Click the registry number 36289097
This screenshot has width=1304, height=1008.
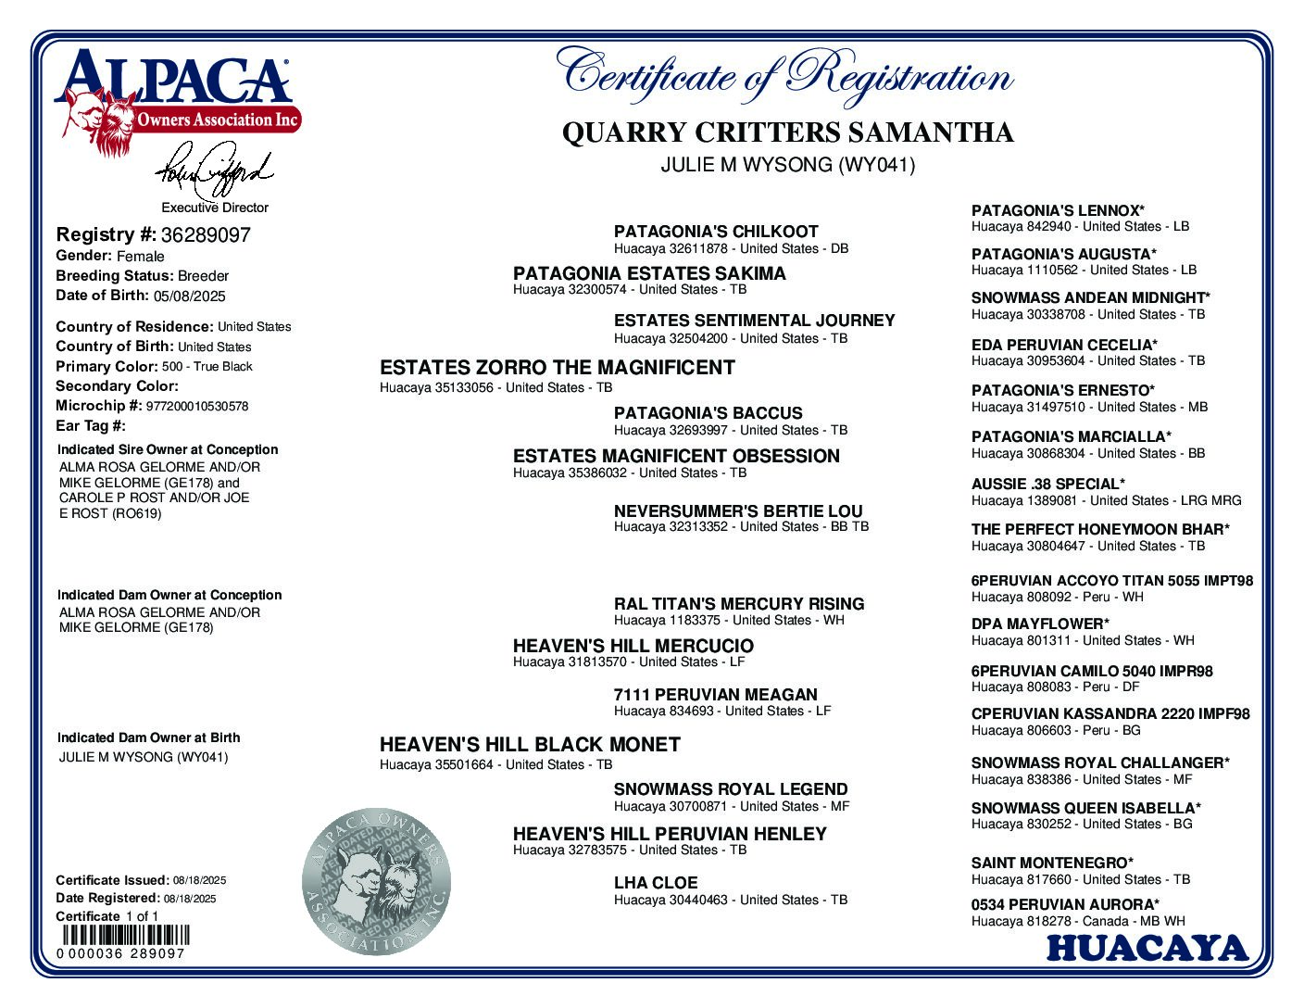tap(205, 235)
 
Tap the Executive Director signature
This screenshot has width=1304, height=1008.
tap(214, 169)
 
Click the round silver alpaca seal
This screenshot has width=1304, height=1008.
tap(377, 881)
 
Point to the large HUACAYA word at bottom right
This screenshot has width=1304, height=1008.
tap(1147, 948)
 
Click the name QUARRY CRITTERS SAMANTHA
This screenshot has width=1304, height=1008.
tap(787, 133)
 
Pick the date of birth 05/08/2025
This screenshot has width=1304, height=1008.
tap(190, 296)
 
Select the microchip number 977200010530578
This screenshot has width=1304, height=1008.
tap(197, 406)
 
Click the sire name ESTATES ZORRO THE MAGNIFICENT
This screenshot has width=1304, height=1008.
tap(557, 368)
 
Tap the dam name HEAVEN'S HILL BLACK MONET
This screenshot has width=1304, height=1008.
tap(530, 745)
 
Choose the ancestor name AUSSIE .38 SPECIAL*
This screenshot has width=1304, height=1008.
tap(1047, 484)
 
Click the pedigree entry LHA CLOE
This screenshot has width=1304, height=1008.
tap(655, 883)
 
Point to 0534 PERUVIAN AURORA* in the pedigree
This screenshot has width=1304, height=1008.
tap(1065, 904)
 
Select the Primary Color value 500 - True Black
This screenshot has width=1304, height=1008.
tap(207, 366)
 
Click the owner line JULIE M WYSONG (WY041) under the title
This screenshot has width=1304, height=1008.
tap(787, 166)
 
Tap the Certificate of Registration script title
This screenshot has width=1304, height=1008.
tap(784, 74)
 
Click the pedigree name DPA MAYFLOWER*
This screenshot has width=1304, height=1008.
tap(1040, 624)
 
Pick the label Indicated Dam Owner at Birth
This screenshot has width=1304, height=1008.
tap(148, 737)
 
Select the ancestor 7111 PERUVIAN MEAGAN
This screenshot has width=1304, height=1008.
tap(715, 695)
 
